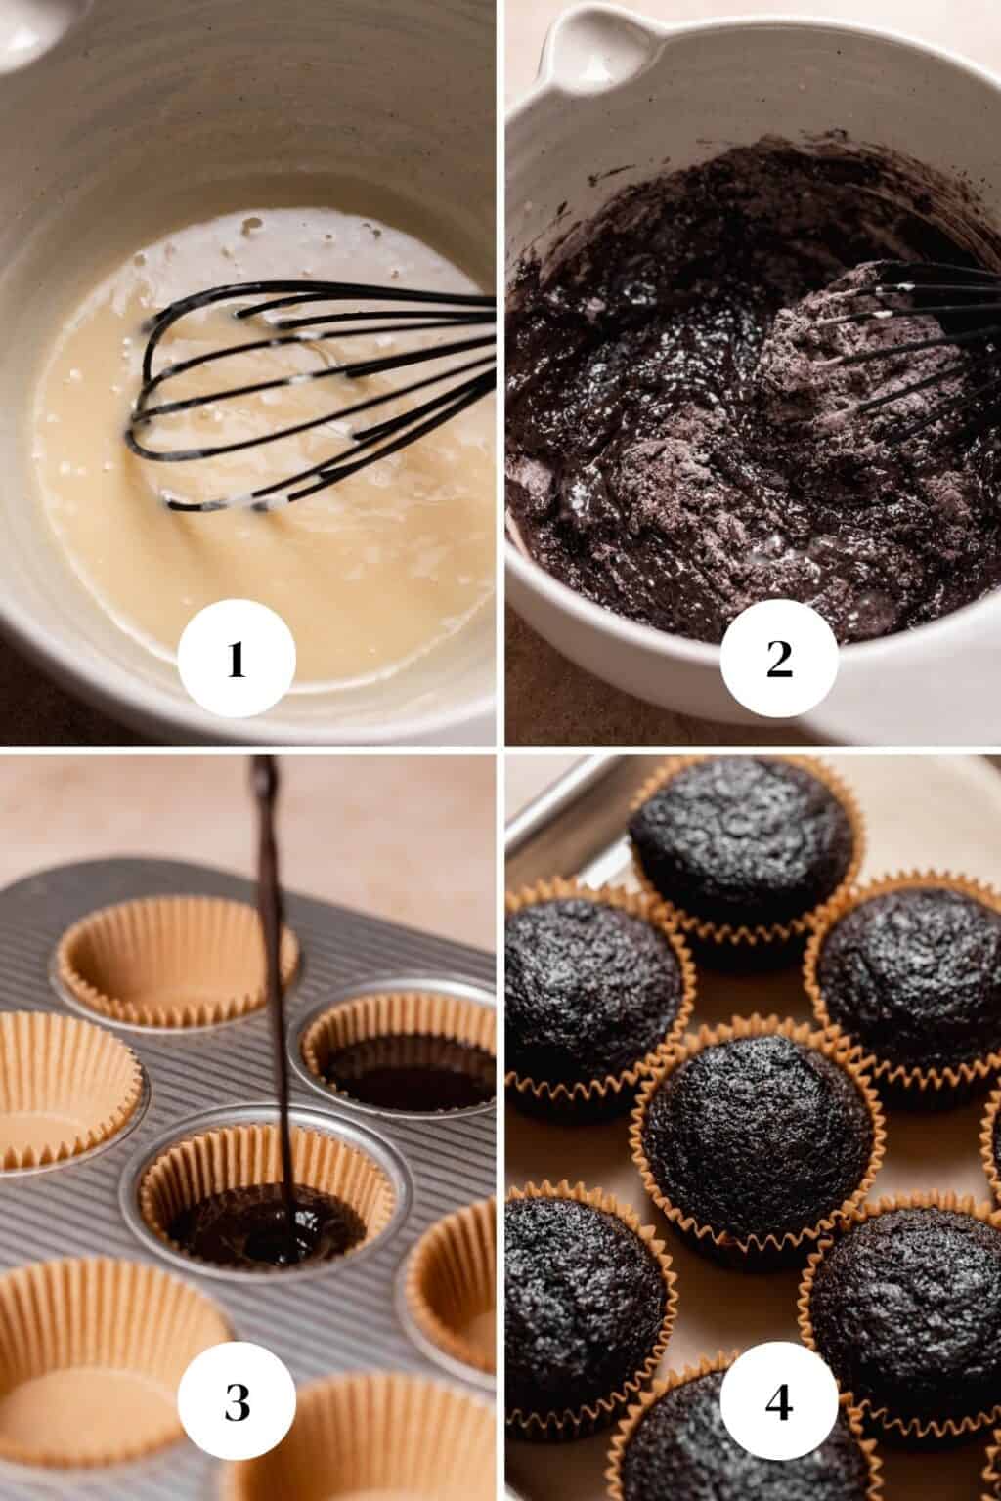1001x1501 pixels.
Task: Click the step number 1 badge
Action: click(236, 661)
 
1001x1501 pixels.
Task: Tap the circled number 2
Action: click(779, 661)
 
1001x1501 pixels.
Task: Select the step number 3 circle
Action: click(236, 1404)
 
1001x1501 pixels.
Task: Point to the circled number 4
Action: click(779, 1404)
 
